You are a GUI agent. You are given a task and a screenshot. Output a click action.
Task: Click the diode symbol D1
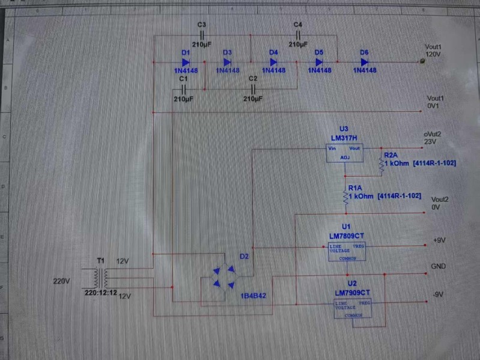(186, 61)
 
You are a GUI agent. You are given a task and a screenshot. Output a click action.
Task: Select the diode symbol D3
(227, 61)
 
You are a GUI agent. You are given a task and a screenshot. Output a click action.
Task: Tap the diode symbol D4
(273, 61)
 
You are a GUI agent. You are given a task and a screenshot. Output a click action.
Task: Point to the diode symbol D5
(319, 61)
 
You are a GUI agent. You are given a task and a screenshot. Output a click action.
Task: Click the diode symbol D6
(364, 61)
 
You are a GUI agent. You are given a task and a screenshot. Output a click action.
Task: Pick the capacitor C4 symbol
(298, 35)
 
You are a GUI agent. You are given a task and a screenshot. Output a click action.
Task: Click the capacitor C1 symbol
(184, 89)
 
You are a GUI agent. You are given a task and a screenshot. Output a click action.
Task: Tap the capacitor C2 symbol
(253, 89)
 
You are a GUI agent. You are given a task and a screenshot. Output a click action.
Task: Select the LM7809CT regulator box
(346, 252)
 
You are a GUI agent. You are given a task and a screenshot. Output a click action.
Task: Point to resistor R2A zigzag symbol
(380, 163)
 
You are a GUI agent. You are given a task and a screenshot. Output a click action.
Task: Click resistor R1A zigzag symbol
(345, 196)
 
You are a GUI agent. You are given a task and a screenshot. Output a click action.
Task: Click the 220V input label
(62, 281)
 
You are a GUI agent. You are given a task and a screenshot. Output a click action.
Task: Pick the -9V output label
(437, 294)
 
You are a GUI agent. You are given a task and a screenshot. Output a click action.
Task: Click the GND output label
(438, 266)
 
